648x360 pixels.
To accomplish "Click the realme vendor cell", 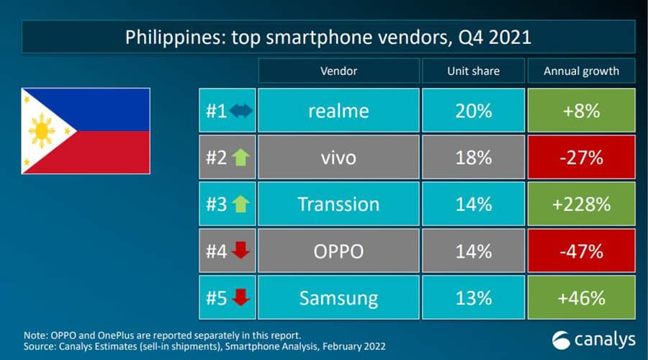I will point(338,111).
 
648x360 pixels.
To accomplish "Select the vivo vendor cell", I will point(338,158).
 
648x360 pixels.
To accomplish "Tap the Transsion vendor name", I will point(338,204).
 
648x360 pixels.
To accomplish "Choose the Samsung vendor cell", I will point(338,297).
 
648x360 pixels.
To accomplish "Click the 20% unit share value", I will point(472,111).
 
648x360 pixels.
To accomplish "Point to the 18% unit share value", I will point(472,158).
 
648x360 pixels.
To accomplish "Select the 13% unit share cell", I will point(472,297).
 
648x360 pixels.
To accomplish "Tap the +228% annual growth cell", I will point(581,204).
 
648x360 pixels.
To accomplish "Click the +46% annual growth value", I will point(581,297).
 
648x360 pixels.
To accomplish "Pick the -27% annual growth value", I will point(581,158).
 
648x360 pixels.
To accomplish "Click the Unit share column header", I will point(472,71).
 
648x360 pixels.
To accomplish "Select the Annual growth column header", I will point(581,71).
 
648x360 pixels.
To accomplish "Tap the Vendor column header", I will point(338,71).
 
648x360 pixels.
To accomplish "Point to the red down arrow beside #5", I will point(241,297).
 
